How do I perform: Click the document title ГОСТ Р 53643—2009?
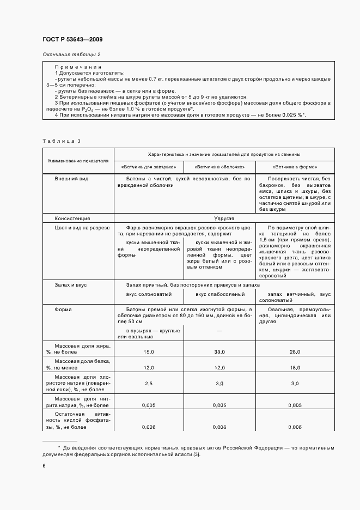pos(72,40)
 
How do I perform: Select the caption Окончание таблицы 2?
pos(71,54)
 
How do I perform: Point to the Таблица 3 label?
pos(62,141)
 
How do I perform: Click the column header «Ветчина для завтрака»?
pos(148,167)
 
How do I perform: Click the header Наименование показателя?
pos(78,161)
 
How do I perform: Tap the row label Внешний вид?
pos(71,179)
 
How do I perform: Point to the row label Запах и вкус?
pos(71,285)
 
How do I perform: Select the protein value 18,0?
pos(295,368)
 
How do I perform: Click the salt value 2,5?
pos(149,384)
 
